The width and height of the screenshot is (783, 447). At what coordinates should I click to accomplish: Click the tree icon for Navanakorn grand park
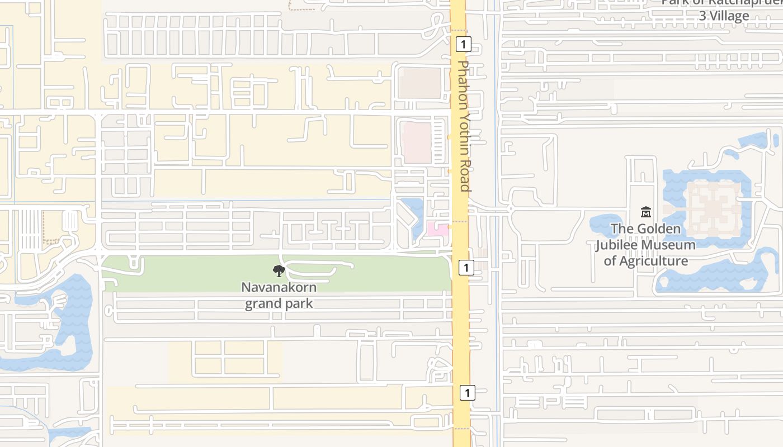click(279, 272)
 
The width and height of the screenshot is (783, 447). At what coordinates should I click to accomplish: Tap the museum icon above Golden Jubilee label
click(646, 212)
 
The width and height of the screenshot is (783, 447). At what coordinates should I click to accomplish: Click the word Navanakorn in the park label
click(279, 288)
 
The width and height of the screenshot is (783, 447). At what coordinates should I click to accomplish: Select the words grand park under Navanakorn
click(279, 304)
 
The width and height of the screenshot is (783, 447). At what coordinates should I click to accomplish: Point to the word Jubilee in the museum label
click(645, 245)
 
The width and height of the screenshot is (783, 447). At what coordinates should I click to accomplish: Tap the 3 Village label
click(724, 16)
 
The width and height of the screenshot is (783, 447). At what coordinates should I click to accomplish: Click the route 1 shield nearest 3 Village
click(464, 44)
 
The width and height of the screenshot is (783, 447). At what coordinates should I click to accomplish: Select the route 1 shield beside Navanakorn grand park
click(466, 268)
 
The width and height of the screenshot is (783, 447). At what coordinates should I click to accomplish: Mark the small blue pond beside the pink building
click(414, 215)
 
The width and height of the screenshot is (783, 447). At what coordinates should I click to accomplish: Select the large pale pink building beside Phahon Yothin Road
click(417, 142)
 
